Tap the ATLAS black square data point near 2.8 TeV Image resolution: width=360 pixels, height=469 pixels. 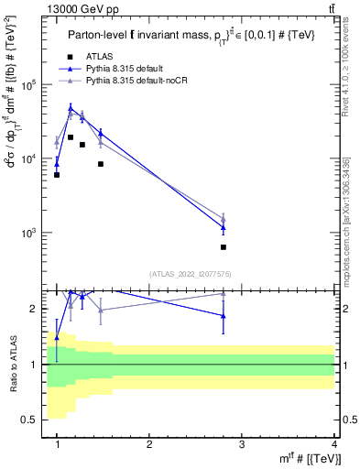coord(224,246)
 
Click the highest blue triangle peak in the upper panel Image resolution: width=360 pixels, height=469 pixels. coord(71,108)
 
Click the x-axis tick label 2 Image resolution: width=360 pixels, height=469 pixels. coord(149,444)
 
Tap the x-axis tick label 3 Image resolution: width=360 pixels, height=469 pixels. coord(242,444)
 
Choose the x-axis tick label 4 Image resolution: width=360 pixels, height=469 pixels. coord(333,444)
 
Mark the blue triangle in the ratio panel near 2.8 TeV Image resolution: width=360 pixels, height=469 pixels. coord(224,315)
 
